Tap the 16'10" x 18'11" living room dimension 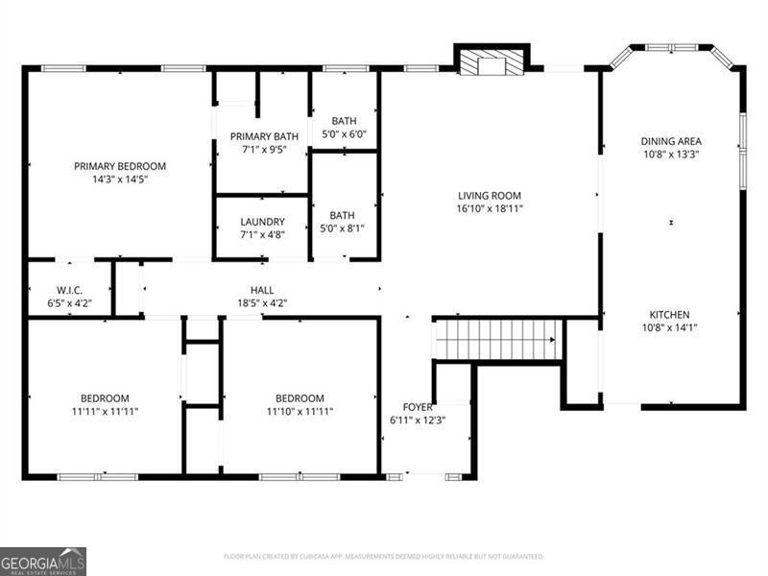[x=490, y=208]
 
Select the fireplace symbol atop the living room [x=491, y=62]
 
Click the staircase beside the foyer [x=497, y=340]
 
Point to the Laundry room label [x=261, y=222]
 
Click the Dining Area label [x=671, y=141]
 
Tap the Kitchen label [x=670, y=315]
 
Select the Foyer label [x=418, y=406]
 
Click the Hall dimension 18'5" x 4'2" [x=262, y=302]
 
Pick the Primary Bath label [x=261, y=136]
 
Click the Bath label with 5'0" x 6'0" [x=344, y=121]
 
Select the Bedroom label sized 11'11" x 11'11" [x=105, y=398]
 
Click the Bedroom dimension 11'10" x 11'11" [x=300, y=412]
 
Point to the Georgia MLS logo [x=43, y=561]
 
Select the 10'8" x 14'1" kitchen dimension [x=670, y=327]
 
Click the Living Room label [x=490, y=196]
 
